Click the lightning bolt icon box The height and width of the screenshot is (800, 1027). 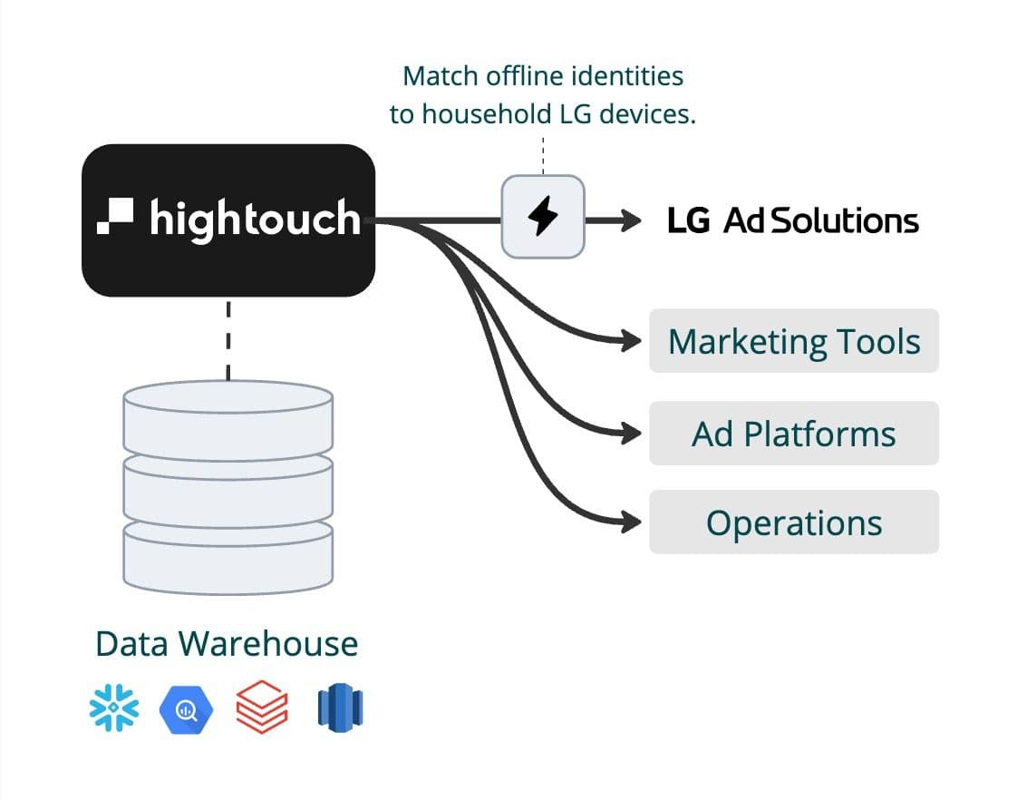pos(543,217)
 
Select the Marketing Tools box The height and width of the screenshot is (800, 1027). pos(793,341)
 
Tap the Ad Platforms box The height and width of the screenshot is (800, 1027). pos(793,434)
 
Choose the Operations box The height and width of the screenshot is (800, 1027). pos(793,522)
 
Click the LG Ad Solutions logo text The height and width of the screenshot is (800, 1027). pos(793,220)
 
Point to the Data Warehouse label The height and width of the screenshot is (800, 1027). pos(227,643)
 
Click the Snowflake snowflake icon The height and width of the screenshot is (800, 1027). pos(115,707)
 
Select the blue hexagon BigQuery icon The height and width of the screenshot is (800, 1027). pos(185,708)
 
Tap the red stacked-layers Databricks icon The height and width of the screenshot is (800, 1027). pos(262,707)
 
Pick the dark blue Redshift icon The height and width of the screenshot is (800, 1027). pos(340,707)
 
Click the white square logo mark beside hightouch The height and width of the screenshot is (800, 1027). pos(116,214)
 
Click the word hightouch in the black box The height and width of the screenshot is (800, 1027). pos(255,219)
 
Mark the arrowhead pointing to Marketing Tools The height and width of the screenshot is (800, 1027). pos(632,342)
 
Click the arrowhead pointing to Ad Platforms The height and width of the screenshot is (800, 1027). pos(632,434)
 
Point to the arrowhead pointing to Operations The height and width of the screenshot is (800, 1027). pos(632,522)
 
